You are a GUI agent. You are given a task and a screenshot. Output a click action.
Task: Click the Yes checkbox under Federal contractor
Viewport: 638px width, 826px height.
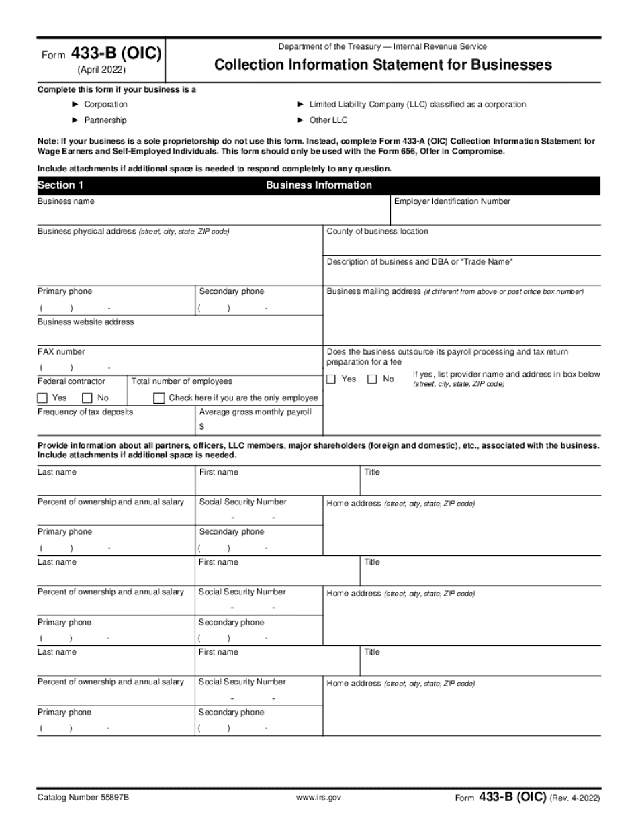coord(42,398)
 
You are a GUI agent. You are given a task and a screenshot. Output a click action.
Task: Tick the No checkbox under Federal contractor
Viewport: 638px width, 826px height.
coord(87,398)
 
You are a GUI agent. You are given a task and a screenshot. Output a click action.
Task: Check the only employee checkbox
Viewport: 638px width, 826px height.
coord(158,398)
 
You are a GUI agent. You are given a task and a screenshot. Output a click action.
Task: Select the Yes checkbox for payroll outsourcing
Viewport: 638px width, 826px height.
coord(331,379)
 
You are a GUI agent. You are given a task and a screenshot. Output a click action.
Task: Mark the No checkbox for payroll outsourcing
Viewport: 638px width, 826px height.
coord(372,379)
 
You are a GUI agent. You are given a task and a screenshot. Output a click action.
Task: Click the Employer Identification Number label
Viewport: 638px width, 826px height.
coord(452,201)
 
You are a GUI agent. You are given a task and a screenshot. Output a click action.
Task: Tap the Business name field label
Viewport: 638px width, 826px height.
coord(66,201)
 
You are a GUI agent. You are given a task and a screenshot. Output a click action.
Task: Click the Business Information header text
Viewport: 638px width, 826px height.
coord(318,185)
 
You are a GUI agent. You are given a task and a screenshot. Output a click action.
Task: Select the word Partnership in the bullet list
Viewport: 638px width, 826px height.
coord(105,120)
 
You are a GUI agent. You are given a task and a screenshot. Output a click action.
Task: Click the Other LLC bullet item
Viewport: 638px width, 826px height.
coord(328,120)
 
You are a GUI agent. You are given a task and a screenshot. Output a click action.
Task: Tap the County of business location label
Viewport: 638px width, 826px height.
coord(377,231)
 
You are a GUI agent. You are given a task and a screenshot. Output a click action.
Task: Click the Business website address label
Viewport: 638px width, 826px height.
coord(85,322)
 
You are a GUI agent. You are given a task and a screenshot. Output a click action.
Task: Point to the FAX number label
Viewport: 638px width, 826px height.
coord(61,351)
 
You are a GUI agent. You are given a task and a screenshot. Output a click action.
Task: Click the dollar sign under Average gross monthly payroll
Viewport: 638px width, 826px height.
coord(201,426)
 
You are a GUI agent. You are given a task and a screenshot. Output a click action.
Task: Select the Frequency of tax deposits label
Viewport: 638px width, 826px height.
coord(85,412)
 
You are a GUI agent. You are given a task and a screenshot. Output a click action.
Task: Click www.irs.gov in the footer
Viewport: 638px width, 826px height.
coord(319,798)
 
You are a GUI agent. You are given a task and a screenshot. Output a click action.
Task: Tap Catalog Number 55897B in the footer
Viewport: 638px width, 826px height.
coord(83,798)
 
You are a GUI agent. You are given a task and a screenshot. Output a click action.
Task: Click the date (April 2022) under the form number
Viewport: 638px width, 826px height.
coord(101,70)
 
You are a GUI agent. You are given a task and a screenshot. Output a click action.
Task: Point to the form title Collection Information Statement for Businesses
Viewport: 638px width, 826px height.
coord(383,65)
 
